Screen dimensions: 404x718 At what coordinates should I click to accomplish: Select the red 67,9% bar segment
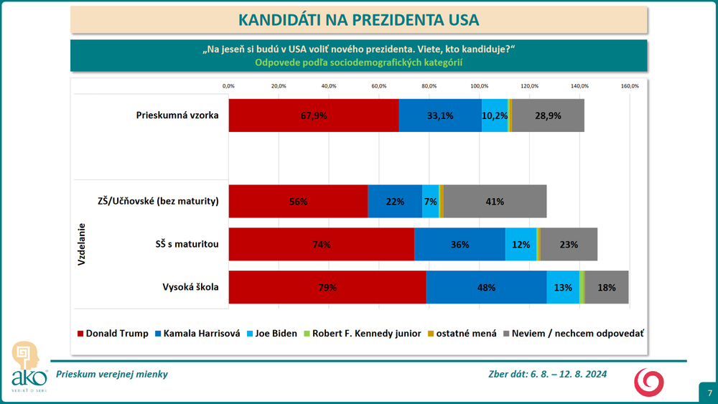point(314,115)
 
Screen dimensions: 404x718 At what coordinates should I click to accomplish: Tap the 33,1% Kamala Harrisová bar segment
point(439,115)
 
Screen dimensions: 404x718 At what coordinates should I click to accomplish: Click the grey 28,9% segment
point(548,115)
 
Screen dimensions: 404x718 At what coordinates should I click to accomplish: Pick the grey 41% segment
point(495,202)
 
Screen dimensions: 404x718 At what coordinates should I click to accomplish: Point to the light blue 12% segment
point(521,245)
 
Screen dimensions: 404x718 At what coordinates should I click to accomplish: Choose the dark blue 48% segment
point(486,288)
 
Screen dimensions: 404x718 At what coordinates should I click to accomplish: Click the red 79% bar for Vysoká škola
point(327,288)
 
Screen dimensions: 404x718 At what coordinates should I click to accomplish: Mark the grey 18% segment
point(607,288)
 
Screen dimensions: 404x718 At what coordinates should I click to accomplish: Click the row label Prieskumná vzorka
point(177,115)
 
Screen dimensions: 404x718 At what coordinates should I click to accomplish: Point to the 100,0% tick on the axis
point(480,86)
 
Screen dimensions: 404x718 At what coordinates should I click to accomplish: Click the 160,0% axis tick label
point(630,86)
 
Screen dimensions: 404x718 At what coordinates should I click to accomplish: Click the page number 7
point(709,393)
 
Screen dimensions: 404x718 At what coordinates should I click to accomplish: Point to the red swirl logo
point(648,381)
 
